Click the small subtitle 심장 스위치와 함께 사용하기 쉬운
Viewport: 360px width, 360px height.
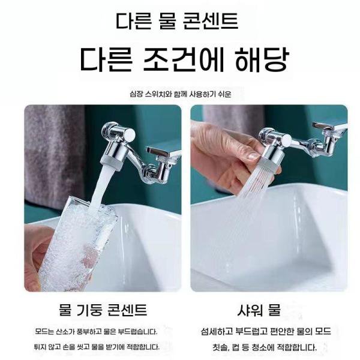180,94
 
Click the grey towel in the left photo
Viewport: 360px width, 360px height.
51,150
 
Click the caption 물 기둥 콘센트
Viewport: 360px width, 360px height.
103,310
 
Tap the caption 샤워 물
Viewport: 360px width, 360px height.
258,310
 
